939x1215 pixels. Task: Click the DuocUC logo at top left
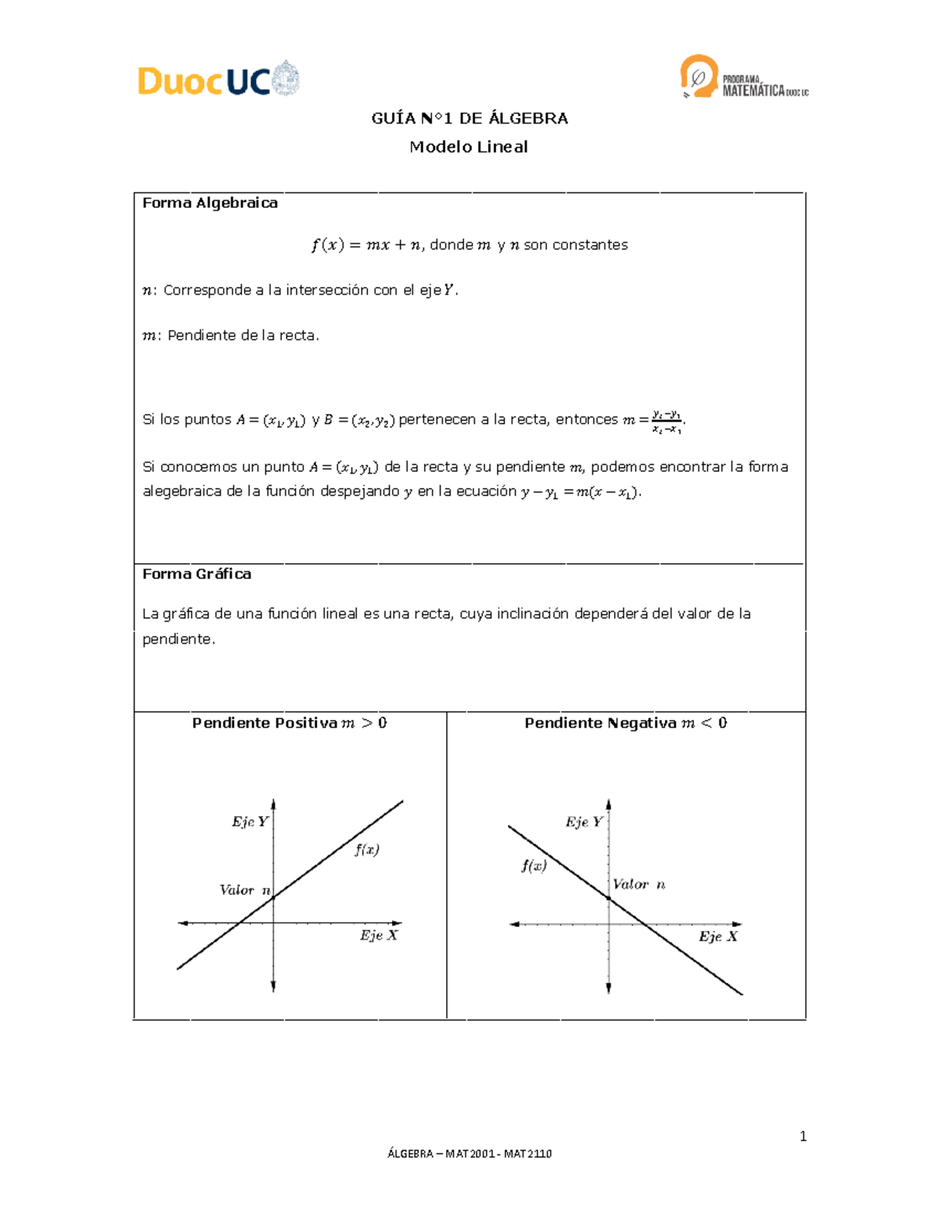click(218, 80)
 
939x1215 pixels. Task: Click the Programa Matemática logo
click(743, 77)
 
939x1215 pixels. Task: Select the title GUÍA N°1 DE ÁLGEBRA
click(469, 119)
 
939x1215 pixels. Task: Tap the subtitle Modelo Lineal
click(469, 147)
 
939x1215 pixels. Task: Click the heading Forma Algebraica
click(210, 203)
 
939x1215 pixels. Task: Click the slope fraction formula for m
click(665, 422)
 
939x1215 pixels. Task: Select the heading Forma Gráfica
click(196, 574)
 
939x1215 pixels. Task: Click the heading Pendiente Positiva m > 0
click(290, 724)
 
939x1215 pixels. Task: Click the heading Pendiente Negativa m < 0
click(625, 724)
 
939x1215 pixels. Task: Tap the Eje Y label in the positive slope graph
click(250, 822)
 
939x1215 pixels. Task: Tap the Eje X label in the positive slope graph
click(379, 936)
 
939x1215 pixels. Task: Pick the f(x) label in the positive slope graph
click(367, 850)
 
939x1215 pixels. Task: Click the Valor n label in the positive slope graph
click(245, 890)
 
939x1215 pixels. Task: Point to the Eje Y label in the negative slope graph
click(585, 822)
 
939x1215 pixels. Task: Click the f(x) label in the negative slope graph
click(534, 866)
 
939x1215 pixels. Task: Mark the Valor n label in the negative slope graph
click(639, 885)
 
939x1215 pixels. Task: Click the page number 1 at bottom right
click(803, 1137)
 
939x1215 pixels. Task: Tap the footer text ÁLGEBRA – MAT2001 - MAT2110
click(469, 1154)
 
